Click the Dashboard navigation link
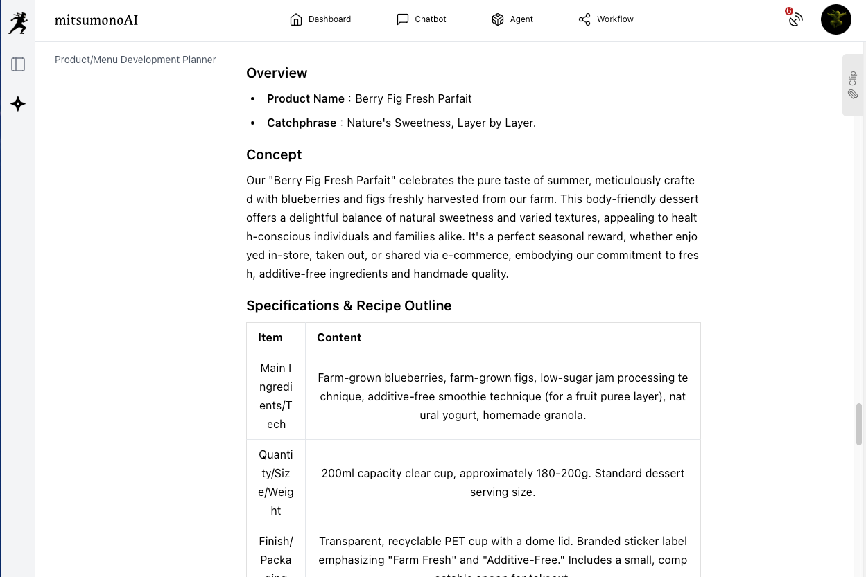pos(320,19)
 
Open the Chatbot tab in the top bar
pos(421,19)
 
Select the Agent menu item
pos(512,19)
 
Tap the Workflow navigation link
pos(606,19)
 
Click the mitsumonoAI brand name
pos(96,20)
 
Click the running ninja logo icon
pos(18,22)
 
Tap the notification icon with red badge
pos(795,19)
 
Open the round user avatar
pos(835,19)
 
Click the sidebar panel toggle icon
pos(18,64)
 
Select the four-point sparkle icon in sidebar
pos(18,104)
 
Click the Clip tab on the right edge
pos(853,85)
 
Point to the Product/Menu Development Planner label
pos(135,60)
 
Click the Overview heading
pos(277,73)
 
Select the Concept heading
pos(274,154)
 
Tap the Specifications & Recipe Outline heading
pos(349,305)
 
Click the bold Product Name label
pos(306,98)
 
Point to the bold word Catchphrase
pos(302,123)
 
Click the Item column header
pos(270,337)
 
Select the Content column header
pos(339,337)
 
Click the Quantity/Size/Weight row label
pos(276,482)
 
